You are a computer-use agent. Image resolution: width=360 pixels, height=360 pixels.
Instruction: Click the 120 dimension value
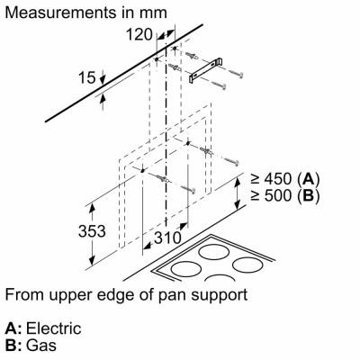tap(139, 34)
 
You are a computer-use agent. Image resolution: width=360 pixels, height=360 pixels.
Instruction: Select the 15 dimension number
tap(87, 77)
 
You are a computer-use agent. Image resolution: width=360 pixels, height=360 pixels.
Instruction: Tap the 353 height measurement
tap(92, 231)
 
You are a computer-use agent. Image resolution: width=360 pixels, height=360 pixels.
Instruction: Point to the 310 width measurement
tap(167, 238)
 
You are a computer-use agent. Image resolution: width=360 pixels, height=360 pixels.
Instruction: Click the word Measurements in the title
tap(60, 13)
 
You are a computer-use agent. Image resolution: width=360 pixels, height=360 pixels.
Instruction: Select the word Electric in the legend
tap(54, 328)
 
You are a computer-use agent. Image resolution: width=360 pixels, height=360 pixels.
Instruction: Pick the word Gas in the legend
tap(41, 345)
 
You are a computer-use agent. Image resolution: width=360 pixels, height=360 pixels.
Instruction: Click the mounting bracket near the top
tap(205, 70)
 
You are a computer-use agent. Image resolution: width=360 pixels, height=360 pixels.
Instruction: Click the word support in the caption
tap(217, 295)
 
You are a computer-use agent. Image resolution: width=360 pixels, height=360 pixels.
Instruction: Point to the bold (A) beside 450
tap(308, 179)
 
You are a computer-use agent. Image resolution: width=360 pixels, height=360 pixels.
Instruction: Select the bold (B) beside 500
tap(308, 196)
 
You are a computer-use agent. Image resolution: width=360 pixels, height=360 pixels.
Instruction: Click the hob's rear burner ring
tap(214, 245)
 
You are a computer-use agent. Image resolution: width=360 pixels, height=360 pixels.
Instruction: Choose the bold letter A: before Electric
tap(13, 328)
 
